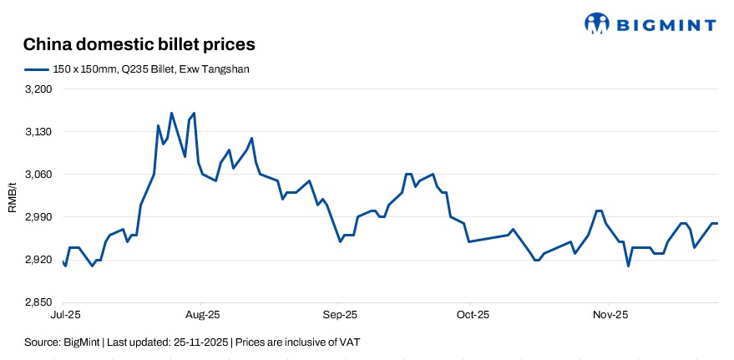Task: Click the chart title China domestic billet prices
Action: (139, 43)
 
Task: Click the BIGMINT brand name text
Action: (666, 24)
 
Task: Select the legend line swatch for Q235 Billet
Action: (38, 69)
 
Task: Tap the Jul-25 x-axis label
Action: (63, 315)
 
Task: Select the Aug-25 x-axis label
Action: (202, 315)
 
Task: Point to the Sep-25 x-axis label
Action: (339, 315)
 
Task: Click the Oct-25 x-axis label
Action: (472, 315)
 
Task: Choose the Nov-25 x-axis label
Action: (610, 315)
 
